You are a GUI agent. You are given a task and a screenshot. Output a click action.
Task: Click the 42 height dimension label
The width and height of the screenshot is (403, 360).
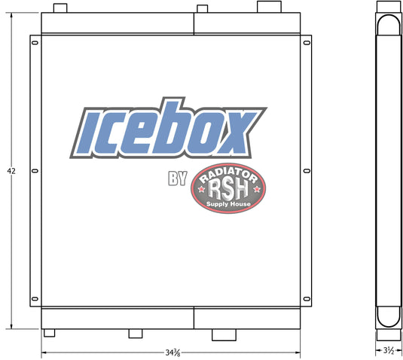coord(11,171)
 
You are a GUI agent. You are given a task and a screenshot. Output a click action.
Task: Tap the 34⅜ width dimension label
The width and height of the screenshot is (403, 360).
coord(172,352)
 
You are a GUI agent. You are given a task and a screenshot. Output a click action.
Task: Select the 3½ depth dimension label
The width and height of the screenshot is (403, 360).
coord(389,350)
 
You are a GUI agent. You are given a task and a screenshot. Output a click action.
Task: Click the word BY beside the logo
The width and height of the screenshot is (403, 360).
coord(178,178)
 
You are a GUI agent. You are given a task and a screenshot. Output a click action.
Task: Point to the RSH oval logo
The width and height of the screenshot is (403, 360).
coord(228,188)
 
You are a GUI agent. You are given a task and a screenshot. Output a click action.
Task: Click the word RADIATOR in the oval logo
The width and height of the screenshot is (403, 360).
coord(228,175)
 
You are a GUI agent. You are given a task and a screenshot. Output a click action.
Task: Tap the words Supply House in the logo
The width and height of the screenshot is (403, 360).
coord(228,204)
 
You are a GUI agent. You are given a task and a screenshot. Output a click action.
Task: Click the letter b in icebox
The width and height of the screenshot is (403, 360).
coord(166,128)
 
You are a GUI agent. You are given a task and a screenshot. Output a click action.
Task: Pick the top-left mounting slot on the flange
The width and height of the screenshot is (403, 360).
coord(35,43)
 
